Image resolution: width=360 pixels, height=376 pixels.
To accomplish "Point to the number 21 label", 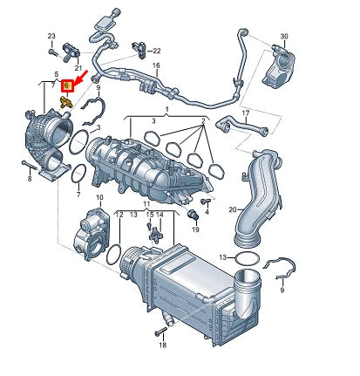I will pyautogui.click(x=78, y=67).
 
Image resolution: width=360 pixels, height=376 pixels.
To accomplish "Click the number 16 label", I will pyautogui.click(x=157, y=66).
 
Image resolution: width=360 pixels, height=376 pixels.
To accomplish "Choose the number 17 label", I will pyautogui.click(x=246, y=113).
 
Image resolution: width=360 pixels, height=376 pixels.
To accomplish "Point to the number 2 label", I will pyautogui.click(x=203, y=120).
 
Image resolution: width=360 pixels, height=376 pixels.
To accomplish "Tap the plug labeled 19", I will pyautogui.click(x=194, y=216).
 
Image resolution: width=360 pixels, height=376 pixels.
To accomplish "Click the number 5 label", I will pyautogui.click(x=56, y=74).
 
